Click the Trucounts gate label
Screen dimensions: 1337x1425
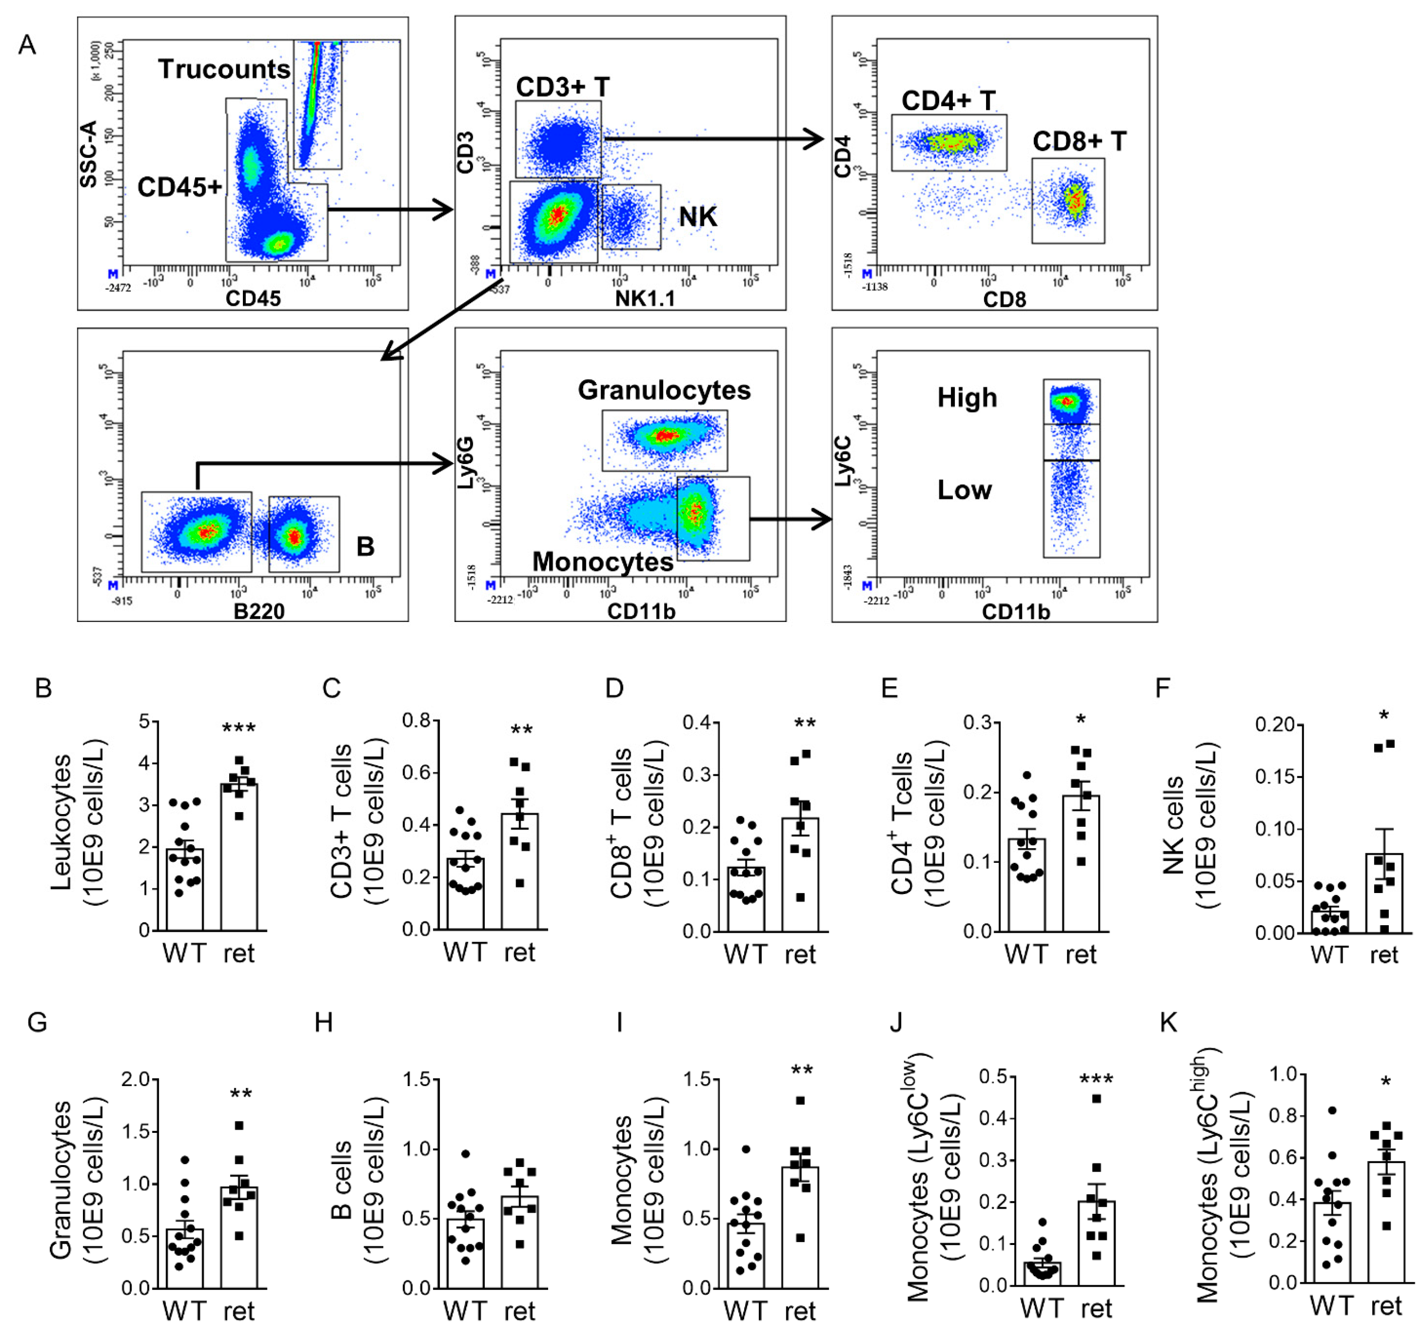[x=224, y=69]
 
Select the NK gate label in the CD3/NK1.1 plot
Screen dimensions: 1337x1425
[x=697, y=217]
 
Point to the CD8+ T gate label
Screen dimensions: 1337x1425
[x=1079, y=141]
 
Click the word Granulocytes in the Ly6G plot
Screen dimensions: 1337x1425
[x=664, y=390]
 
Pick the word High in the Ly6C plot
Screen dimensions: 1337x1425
[x=967, y=398]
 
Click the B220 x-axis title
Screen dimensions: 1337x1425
[x=259, y=611]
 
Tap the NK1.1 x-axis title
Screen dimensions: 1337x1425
[x=645, y=299]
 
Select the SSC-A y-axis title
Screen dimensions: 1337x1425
[x=88, y=154]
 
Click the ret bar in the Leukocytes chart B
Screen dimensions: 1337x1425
[x=239, y=857]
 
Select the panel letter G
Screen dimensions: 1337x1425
[x=37, y=1022]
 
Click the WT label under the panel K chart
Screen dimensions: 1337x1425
[x=1331, y=1306]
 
